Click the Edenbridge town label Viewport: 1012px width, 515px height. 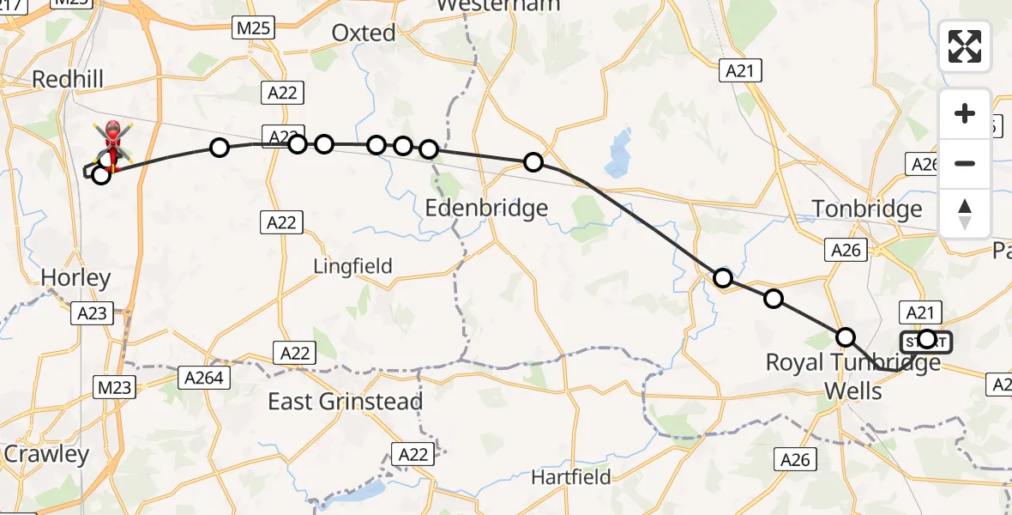point(486,208)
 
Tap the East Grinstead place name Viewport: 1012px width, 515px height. point(345,402)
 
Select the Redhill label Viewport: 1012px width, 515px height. point(68,80)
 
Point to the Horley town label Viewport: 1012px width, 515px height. point(75,278)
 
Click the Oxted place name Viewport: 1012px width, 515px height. point(364,33)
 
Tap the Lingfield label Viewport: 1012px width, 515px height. point(352,266)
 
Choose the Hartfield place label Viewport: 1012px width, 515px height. point(570,476)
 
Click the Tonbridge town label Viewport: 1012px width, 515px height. point(867,209)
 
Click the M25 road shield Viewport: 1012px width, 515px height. point(253,28)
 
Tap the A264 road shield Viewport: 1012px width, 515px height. point(203,377)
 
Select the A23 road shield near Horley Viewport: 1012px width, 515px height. point(92,313)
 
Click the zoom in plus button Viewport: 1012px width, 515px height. point(965,113)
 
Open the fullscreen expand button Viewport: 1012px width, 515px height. point(965,46)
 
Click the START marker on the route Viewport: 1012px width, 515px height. point(926,341)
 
